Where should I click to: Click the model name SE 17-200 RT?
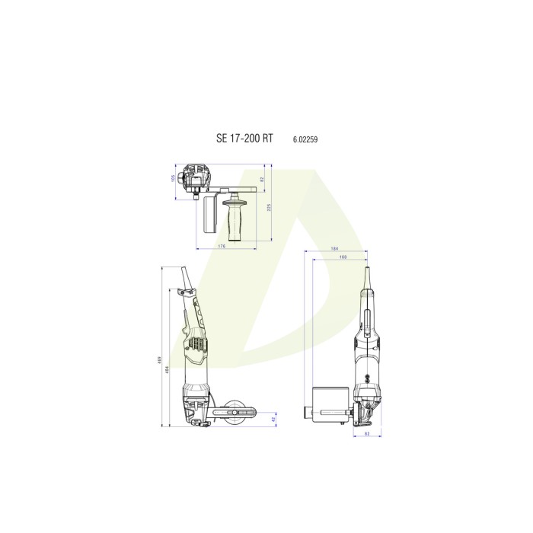245,139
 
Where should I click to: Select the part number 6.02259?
305,139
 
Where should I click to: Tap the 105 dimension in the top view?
173,179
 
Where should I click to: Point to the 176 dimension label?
222,246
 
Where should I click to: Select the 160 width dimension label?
341,257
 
